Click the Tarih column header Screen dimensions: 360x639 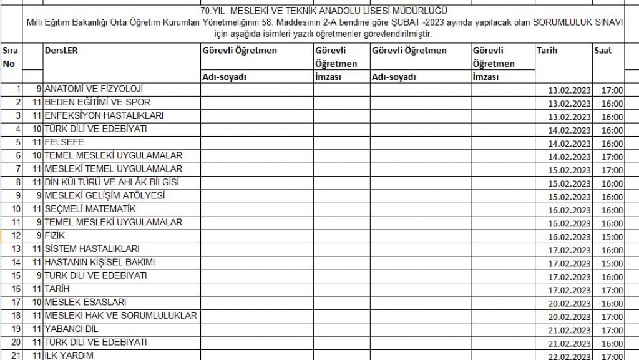547,51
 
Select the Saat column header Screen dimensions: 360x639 603,51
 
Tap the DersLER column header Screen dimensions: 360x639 61,51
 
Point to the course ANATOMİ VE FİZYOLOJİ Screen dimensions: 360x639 94,89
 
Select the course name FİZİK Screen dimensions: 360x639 55,236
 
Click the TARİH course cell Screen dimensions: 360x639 57,289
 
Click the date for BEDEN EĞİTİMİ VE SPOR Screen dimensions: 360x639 569,104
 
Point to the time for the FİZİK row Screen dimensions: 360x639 612,237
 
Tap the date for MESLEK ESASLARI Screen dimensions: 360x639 569,304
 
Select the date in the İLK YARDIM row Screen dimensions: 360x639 569,356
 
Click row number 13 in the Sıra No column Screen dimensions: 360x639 16,249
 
